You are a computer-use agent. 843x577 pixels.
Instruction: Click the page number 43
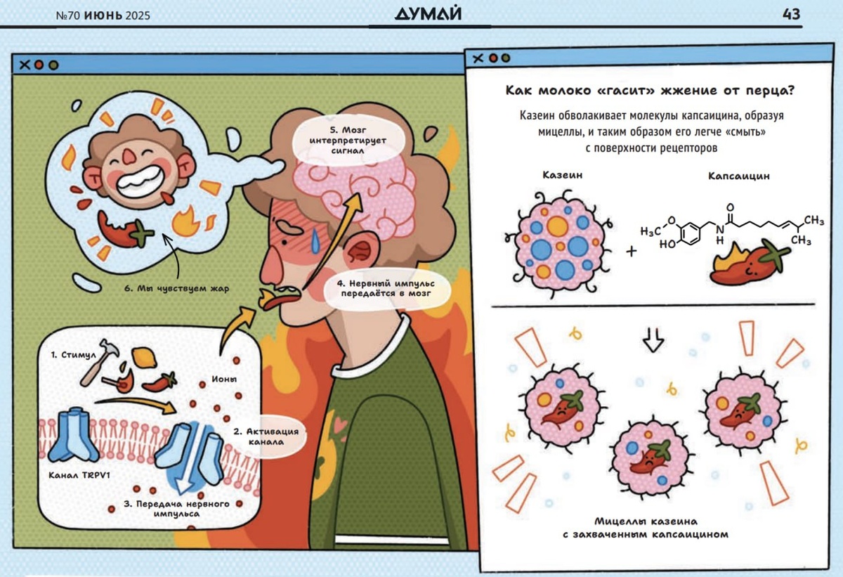790,14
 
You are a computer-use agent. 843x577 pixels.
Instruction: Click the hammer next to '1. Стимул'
96,366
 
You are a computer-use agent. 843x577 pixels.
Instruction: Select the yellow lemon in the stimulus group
145,358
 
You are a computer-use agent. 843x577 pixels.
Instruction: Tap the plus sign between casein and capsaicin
631,250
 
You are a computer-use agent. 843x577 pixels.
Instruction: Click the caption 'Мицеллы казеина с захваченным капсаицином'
653,527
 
